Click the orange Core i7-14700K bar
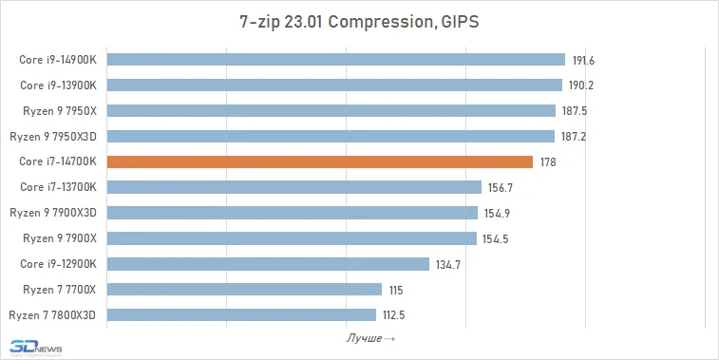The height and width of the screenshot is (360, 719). coord(320,161)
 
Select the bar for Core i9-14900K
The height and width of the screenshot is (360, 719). coord(336,60)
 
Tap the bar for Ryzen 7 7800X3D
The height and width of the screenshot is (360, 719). coord(241,315)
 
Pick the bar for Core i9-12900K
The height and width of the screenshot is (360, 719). coord(268,264)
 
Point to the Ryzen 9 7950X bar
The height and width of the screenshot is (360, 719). coord(331,110)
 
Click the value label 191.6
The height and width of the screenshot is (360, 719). coord(583,61)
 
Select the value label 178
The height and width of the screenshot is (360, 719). coord(548,162)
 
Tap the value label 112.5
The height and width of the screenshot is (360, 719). coord(394,315)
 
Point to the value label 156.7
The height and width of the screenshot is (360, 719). coord(500,188)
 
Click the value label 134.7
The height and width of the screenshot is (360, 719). coord(448,265)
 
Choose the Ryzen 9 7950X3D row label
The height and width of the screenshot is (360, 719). coord(53,136)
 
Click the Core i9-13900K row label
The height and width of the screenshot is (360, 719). coord(58,85)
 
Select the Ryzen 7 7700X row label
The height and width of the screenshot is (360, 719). coord(60,290)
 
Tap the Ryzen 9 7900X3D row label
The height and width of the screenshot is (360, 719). coord(53,213)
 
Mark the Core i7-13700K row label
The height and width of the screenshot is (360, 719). coord(58,187)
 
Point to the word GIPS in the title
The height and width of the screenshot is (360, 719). coord(460,22)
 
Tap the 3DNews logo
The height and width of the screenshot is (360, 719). coord(36,348)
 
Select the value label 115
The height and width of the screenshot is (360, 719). coord(396,291)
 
